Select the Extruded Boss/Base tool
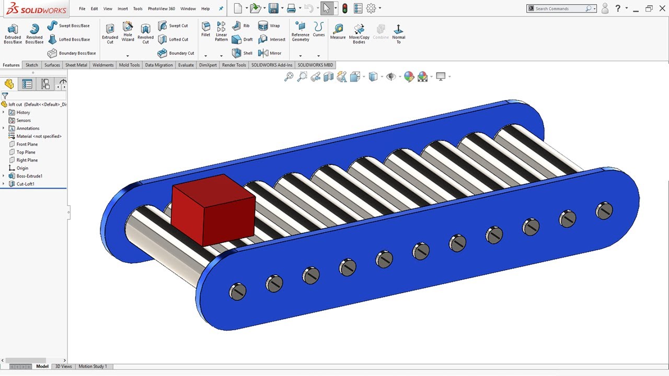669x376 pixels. coord(13,33)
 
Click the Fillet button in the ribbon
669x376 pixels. coord(206,29)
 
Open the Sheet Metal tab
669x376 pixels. coord(76,65)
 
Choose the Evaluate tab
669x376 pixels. coord(186,65)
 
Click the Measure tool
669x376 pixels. coord(338,32)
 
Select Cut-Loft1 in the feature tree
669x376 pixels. coord(25,184)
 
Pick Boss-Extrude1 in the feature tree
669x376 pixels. coord(29,176)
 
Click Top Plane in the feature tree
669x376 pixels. coord(26,152)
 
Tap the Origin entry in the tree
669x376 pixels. coord(22,168)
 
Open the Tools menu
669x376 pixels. coord(137,9)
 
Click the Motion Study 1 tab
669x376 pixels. coord(93,367)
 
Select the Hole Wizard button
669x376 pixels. coord(128,32)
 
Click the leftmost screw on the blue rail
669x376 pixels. coord(238,291)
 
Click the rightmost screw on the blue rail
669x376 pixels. coord(604,210)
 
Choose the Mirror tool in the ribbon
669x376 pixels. coord(270,53)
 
